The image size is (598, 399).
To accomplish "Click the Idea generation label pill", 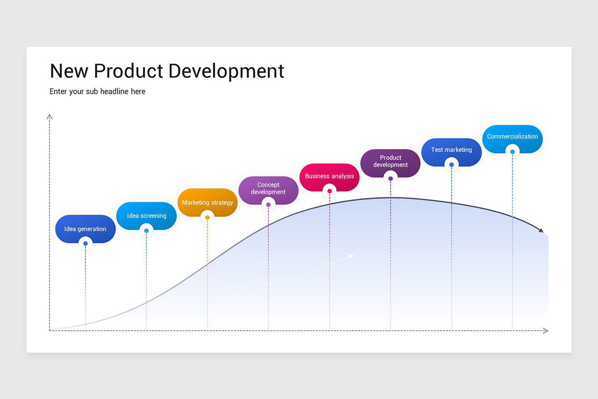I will pos(85,228).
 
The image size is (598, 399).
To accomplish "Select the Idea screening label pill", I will pos(147,215).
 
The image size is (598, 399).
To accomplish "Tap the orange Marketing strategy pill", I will pos(207,202).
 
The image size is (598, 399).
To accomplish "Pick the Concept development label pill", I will pos(268,188).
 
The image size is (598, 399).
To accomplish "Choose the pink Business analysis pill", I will pos(329,176).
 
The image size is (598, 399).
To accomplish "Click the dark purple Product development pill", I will pos(390,161).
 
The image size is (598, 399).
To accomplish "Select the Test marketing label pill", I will pos(451,149).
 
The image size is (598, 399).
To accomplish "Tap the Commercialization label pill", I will pos(512,136).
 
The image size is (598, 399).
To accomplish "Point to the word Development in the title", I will pos(226,71).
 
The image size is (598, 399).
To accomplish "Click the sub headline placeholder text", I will pos(97,91).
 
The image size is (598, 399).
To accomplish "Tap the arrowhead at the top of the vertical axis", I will pos(49,117).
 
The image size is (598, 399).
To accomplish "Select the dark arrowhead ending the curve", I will pos(541,230).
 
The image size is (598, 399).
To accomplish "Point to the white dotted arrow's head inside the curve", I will pos(351,256).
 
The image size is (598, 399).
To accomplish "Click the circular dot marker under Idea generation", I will pos(85,244).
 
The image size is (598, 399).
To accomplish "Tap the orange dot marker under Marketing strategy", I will pos(207,217).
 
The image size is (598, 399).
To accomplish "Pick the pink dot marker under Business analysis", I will pos(329,191).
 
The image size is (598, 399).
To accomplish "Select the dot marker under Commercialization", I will pos(512,152).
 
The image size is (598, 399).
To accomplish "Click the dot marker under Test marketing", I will pos(451,165).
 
